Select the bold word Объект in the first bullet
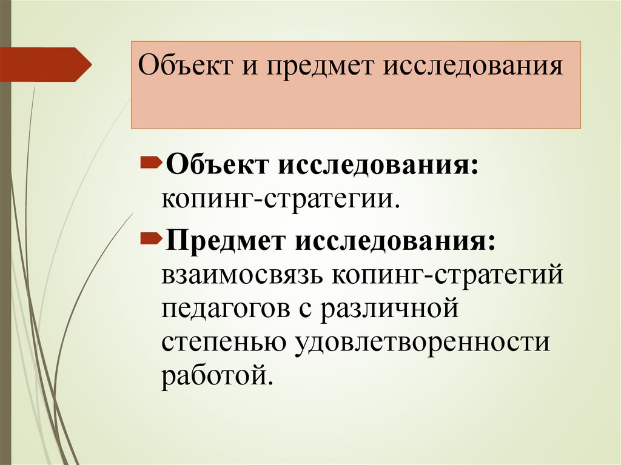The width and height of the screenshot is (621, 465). [x=217, y=166]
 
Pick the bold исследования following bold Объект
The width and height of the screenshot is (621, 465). [x=378, y=166]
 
